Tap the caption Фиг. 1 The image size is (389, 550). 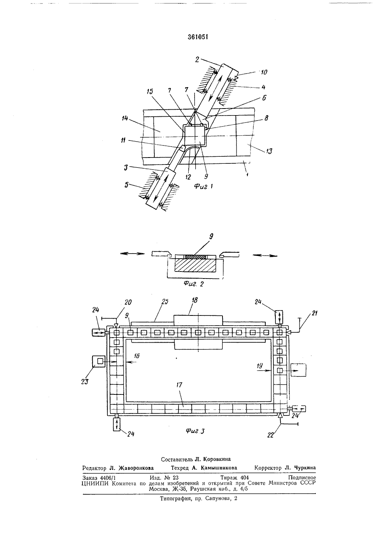click(203, 186)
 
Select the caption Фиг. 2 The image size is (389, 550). click(194, 284)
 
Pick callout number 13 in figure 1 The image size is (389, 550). click(270, 151)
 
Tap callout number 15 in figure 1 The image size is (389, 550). click(149, 92)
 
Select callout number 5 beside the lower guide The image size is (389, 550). click(126, 185)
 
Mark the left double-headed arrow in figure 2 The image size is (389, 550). click(133, 254)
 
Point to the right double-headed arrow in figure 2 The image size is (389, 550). click(265, 255)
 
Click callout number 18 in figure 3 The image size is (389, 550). click(195, 300)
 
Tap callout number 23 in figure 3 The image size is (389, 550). click(84, 382)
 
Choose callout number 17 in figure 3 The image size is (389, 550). click(179, 385)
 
